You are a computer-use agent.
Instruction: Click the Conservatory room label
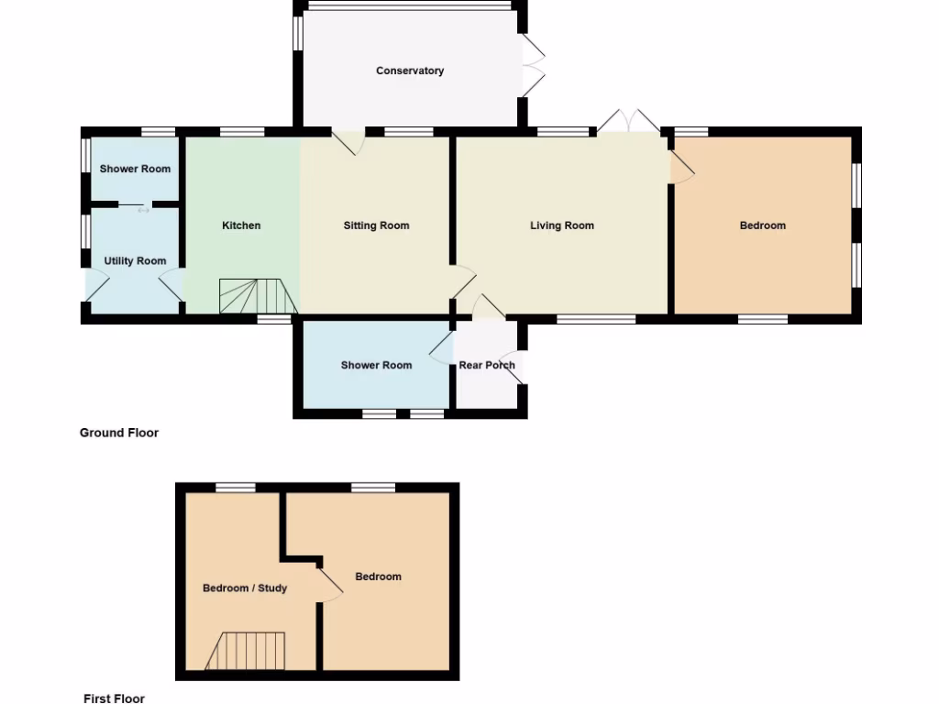coord(410,71)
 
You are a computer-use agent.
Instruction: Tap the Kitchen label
coord(241,225)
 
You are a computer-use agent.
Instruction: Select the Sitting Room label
coord(376,225)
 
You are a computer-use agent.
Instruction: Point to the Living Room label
coord(562,225)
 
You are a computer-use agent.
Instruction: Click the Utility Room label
coord(135,261)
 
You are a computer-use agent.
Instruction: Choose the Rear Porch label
coord(487,365)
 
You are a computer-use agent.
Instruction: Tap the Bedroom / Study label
coord(245,588)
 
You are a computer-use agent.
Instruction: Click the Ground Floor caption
coord(119,433)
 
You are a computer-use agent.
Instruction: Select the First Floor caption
coord(114,698)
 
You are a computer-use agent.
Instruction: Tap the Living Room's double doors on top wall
coord(629,120)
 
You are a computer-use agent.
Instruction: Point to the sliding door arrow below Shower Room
coord(143,210)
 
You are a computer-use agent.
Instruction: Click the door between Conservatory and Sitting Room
coord(348,142)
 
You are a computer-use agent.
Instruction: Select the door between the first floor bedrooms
coord(329,584)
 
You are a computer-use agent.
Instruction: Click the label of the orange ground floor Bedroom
coord(763,225)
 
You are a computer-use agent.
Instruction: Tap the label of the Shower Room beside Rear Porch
coord(376,365)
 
